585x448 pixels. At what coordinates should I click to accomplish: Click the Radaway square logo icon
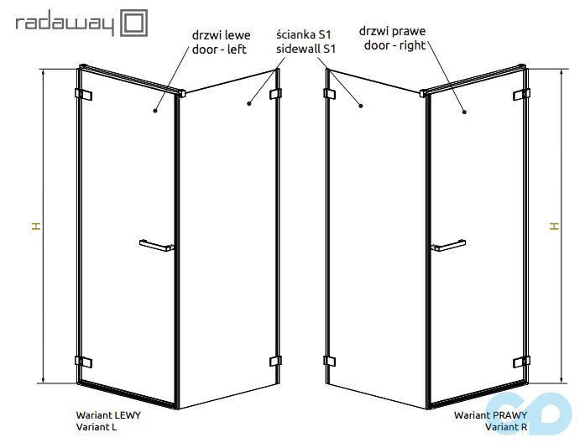coord(133,23)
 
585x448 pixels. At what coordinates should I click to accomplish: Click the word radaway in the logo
coord(65,24)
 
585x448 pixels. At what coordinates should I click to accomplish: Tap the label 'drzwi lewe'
coord(221,35)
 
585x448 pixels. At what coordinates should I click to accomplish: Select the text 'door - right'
coord(394,45)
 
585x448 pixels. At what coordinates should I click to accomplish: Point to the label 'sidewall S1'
coord(306,49)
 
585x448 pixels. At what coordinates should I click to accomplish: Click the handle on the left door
coord(157,246)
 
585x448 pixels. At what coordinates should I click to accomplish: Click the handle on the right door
coord(448,246)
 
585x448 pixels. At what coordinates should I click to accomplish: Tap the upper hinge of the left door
coord(83,94)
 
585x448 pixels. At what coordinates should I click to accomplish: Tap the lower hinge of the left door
coord(83,362)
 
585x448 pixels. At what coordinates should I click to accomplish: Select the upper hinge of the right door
coord(521,94)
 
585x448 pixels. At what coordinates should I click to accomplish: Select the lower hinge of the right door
coord(521,362)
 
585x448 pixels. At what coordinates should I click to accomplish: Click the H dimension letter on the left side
coord(36,226)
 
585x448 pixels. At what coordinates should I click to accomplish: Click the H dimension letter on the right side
coord(555,226)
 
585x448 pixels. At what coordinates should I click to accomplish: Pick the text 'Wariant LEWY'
coord(108,415)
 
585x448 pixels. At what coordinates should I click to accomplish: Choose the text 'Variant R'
coord(506,427)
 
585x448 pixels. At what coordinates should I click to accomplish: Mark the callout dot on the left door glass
coord(155,111)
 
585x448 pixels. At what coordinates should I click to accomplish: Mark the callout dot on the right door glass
coord(464,112)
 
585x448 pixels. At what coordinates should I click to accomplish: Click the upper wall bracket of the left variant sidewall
coord(275,93)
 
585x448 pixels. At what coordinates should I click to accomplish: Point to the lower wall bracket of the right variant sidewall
coord(330,361)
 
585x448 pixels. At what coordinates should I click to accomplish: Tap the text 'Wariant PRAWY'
coord(491,415)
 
